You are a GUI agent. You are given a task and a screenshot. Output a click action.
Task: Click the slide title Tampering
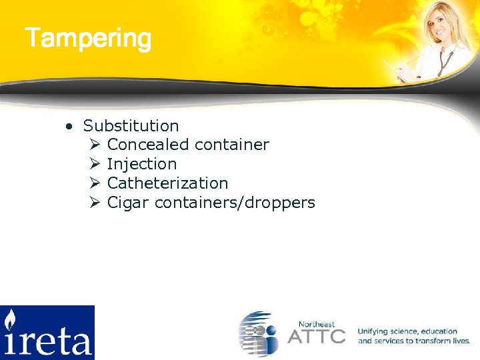(x=88, y=39)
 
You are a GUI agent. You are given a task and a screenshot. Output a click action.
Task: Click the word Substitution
(x=131, y=126)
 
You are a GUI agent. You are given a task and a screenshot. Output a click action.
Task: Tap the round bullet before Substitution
(x=69, y=126)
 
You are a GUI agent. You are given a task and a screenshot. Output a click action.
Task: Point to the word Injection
(x=141, y=164)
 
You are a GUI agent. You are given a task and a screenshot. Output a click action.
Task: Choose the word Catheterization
(x=167, y=183)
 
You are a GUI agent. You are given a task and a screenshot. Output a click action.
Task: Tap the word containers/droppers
(x=235, y=203)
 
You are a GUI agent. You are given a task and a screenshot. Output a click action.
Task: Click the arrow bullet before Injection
(x=94, y=164)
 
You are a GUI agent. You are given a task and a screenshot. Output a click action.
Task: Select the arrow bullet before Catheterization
(x=94, y=183)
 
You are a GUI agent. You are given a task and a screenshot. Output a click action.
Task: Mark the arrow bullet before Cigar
(x=94, y=203)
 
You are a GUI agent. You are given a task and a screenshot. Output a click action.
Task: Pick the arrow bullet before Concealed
(x=94, y=145)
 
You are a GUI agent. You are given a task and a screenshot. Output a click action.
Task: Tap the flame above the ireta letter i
(x=10, y=319)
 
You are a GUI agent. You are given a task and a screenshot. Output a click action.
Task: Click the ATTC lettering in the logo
(x=316, y=335)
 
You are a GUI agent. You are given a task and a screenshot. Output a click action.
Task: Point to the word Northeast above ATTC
(x=317, y=323)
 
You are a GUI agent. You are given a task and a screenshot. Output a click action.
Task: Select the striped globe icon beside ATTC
(x=259, y=333)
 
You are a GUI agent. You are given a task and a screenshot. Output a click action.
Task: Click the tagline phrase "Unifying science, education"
(x=407, y=331)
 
